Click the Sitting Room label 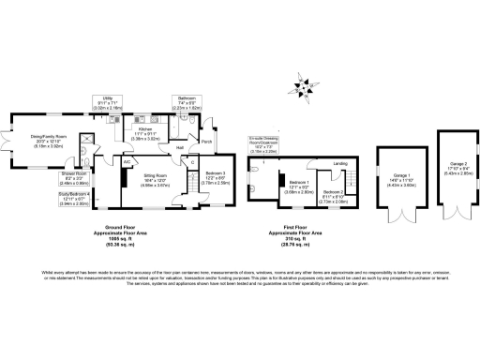(x=155, y=179)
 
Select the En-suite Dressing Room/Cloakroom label (x=266, y=144)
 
